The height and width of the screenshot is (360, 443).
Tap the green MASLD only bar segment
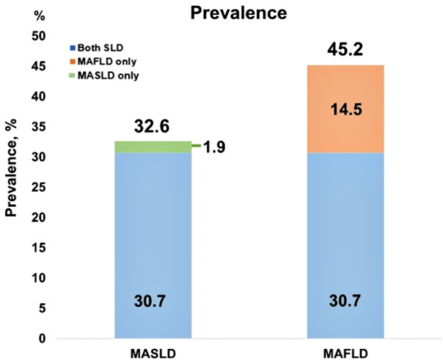click(153, 147)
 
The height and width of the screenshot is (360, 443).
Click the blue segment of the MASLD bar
click(153, 246)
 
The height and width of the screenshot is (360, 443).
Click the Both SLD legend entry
click(98, 48)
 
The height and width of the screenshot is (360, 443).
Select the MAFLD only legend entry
click(102, 61)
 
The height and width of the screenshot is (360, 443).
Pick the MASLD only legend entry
click(102, 76)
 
